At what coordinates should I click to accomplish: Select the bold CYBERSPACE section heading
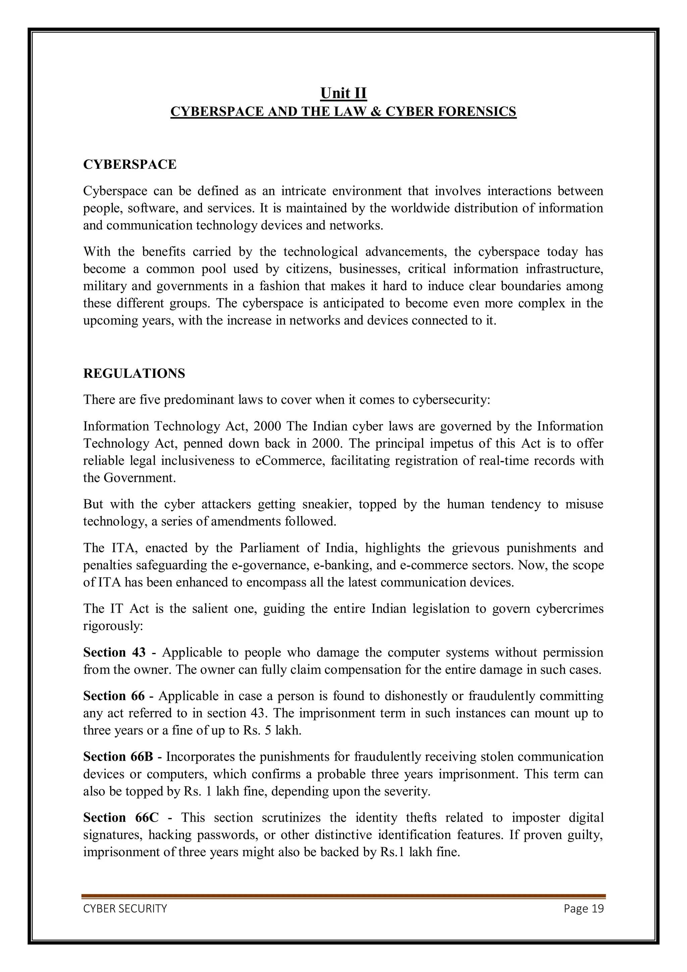(x=129, y=164)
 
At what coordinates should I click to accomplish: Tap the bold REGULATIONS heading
(x=134, y=373)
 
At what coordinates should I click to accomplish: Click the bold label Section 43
(x=114, y=652)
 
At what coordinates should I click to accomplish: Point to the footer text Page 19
(x=583, y=909)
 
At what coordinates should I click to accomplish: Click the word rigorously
(x=113, y=626)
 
